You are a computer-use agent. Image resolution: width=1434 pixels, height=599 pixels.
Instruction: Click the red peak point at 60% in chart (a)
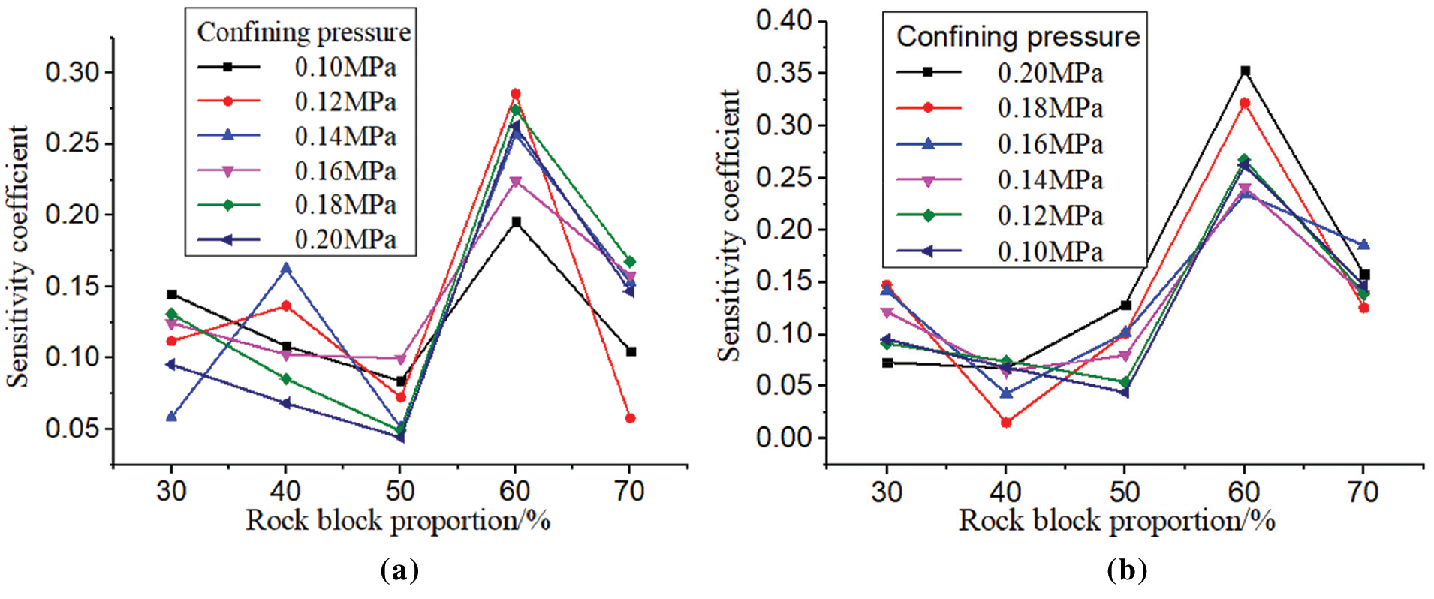pyautogui.click(x=515, y=94)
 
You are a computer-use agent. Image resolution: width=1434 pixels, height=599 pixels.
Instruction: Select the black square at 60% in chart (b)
pyautogui.click(x=1245, y=71)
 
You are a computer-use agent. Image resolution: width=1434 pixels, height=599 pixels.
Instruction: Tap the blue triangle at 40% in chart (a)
pyautogui.click(x=286, y=268)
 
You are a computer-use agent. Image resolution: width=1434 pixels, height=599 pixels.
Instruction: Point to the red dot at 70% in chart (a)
pyautogui.click(x=631, y=418)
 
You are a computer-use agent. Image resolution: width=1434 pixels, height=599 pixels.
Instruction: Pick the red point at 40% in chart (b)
pyautogui.click(x=1006, y=423)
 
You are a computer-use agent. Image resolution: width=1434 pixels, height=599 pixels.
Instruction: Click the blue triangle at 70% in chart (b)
pyautogui.click(x=1364, y=245)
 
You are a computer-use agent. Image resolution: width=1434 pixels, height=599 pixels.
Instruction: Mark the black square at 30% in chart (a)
pyautogui.click(x=172, y=294)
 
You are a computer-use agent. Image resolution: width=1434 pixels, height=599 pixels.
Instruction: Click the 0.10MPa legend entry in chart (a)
pyautogui.click(x=345, y=68)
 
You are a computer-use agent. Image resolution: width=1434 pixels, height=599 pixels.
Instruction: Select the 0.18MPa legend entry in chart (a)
pyautogui.click(x=345, y=205)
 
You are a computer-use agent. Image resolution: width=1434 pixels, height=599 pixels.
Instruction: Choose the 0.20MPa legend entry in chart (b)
pyautogui.click(x=1050, y=73)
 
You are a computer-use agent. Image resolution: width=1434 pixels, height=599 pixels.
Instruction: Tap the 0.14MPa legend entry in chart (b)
pyautogui.click(x=1050, y=180)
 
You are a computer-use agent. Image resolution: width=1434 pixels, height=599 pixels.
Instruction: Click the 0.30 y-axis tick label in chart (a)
pyautogui.click(x=72, y=73)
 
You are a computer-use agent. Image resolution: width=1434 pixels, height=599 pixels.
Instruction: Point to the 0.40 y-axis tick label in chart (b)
pyautogui.click(x=784, y=20)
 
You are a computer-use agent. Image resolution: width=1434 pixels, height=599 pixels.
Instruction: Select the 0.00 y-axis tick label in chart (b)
pyautogui.click(x=784, y=438)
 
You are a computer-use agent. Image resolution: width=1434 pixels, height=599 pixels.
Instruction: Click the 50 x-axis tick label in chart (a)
pyautogui.click(x=400, y=492)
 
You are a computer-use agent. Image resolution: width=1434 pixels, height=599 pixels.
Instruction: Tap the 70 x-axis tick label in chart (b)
pyautogui.click(x=1363, y=492)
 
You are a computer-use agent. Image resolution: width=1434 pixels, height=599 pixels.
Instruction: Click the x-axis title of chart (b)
pyautogui.click(x=1116, y=521)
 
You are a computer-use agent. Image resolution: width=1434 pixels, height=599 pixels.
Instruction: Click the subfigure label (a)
pyautogui.click(x=399, y=570)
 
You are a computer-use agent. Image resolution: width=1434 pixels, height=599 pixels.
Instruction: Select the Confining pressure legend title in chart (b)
pyautogui.click(x=1018, y=36)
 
